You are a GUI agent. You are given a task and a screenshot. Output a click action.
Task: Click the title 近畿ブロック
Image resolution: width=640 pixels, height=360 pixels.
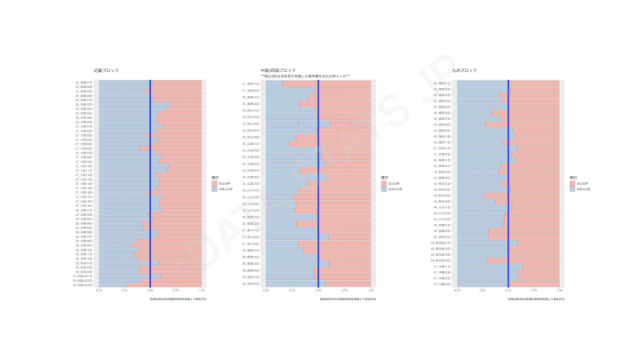click(106, 69)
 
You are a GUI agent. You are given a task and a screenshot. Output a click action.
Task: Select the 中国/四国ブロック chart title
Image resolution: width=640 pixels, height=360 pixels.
click(277, 69)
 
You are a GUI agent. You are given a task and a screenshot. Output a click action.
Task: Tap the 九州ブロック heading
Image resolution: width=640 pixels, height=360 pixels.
click(464, 69)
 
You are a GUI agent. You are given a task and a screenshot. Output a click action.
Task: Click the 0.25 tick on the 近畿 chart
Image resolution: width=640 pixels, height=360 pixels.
click(124, 290)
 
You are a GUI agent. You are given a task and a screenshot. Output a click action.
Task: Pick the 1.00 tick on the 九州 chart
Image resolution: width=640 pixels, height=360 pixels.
click(559, 290)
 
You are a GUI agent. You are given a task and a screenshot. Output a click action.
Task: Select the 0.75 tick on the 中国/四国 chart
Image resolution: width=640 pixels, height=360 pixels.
click(345, 290)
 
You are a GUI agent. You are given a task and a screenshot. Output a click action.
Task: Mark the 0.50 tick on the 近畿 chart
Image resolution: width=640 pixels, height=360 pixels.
click(150, 290)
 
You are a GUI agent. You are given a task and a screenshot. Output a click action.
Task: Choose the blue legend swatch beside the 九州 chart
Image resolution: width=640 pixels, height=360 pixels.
click(573, 189)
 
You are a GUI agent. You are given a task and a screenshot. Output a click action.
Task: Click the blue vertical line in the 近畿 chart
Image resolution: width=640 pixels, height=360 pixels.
click(150, 178)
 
